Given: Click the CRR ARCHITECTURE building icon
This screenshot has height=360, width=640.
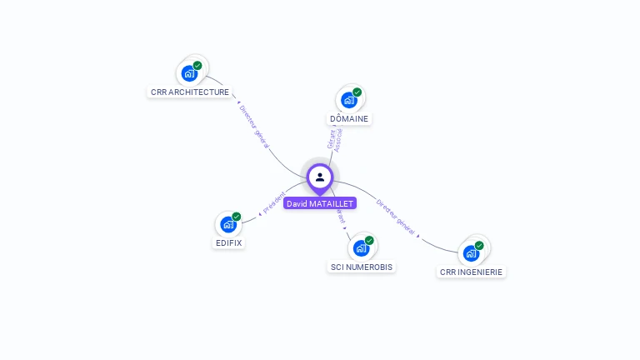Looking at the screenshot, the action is pos(190,73).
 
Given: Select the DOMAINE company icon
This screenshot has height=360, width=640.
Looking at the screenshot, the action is pos(349,100).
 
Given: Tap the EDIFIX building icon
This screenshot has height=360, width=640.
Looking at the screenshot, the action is pos(228,225).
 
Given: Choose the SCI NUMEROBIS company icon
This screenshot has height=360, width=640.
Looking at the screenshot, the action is pos(361,248).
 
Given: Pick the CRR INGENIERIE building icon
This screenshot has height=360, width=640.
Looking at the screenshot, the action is pos(472,253).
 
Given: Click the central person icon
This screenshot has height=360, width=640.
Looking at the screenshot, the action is pos(320,177).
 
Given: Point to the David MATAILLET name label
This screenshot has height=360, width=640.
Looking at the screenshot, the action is pos(320,203).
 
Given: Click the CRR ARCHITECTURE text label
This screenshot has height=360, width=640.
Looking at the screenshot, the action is pos(190,92).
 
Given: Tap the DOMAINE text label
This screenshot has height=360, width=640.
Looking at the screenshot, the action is pos(349,119).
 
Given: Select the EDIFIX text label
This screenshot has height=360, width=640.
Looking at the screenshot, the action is pos(229,243).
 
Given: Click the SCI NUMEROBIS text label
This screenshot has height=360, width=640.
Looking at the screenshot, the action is pos(362,267).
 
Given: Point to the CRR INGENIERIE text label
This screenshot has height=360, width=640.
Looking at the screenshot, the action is pos(472,272).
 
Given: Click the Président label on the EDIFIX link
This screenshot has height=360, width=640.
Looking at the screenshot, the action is pos(274,202).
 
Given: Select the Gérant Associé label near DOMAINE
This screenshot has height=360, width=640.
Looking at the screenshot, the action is pos(335,138).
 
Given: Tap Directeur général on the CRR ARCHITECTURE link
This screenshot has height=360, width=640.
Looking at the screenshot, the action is pos(254,126).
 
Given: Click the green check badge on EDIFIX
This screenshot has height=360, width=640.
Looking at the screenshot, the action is pos(237,217).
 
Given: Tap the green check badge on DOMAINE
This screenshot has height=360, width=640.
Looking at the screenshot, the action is pos(357,92).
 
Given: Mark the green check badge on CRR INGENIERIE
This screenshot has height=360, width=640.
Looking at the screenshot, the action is pos(479,245).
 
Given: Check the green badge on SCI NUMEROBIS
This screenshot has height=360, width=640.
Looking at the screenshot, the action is pos(369,240).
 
